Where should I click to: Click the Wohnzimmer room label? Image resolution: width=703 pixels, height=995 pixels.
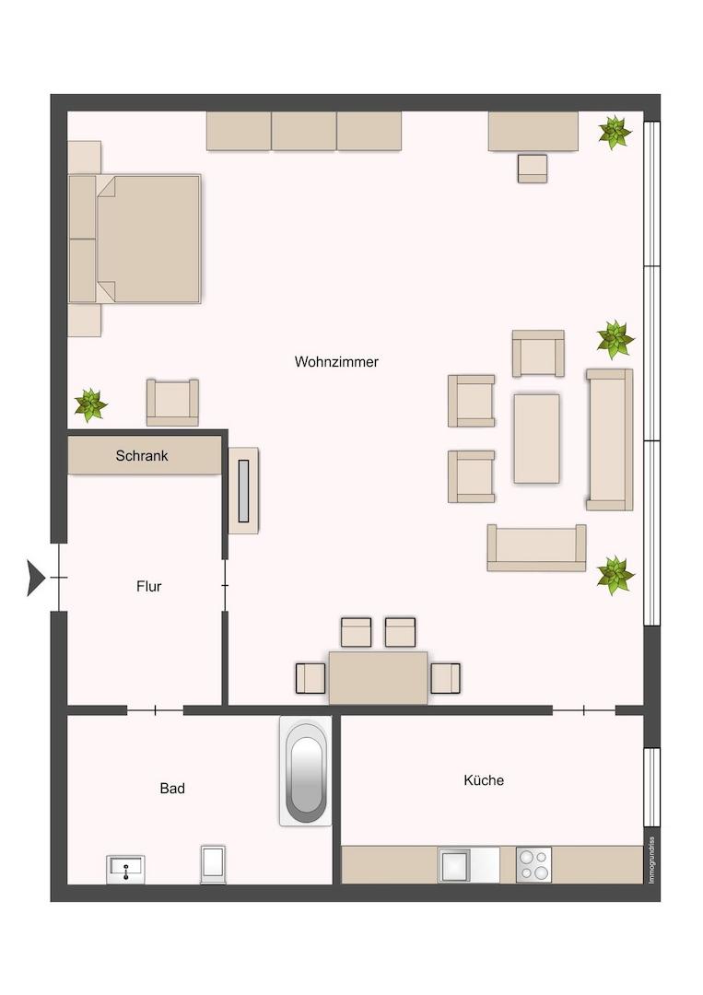[x=336, y=362]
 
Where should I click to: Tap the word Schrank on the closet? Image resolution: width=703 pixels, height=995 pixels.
[x=142, y=456]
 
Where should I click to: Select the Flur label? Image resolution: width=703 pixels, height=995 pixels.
[x=149, y=586]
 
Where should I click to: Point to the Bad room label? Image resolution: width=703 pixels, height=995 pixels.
[x=172, y=788]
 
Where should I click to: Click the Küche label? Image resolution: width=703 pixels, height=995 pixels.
[x=484, y=780]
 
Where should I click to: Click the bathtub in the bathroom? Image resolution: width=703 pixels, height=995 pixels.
[x=306, y=771]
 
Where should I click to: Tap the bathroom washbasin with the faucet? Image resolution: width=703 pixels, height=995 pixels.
[x=125, y=869]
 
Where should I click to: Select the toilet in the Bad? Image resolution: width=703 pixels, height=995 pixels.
[x=213, y=863]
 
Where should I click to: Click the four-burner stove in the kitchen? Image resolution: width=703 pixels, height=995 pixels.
[x=533, y=864]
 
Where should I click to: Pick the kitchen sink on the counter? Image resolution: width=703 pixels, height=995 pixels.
[x=454, y=864]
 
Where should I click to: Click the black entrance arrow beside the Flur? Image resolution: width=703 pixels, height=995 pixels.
[x=36, y=578]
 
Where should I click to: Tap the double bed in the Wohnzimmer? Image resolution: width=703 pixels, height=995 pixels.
[x=135, y=239]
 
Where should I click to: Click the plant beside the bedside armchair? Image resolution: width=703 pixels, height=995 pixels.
[x=90, y=404]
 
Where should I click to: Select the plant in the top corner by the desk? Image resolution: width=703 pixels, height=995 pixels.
[x=615, y=133]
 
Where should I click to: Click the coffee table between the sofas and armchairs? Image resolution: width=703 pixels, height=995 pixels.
[x=537, y=439]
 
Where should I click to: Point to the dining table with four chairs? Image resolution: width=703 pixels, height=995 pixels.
[x=378, y=677]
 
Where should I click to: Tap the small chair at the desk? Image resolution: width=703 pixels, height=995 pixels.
[x=533, y=169]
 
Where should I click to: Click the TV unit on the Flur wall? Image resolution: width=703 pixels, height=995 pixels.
[x=243, y=490]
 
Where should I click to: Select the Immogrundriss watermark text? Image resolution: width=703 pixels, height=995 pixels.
[x=651, y=860]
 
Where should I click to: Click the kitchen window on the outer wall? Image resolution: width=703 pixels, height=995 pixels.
[x=652, y=788]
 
